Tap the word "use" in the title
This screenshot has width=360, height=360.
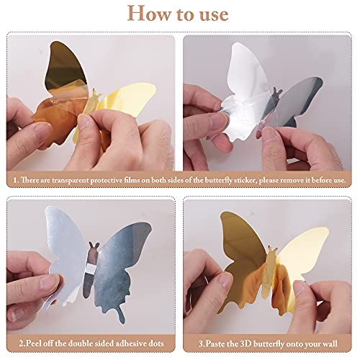tap(210, 14)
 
